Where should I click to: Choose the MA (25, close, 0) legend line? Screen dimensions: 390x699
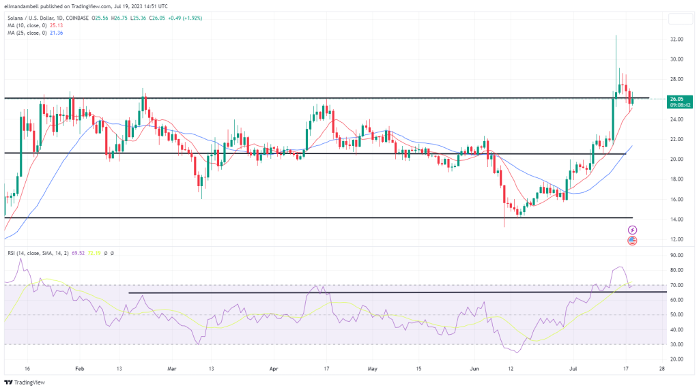[31, 32]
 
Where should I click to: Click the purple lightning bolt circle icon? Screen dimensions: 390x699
[632, 230]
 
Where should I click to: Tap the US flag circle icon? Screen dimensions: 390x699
[632, 241]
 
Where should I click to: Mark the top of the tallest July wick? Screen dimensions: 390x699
[616, 35]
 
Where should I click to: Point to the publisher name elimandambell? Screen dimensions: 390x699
[25, 5]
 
